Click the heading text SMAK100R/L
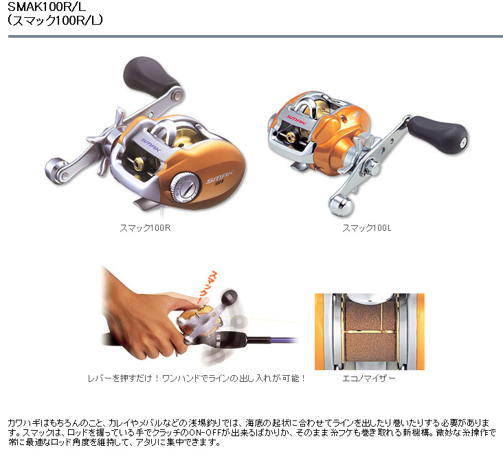(x=47, y=6)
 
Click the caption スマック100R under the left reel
(x=145, y=228)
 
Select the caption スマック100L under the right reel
(x=367, y=228)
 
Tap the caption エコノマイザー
(x=369, y=379)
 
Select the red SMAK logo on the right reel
(x=296, y=120)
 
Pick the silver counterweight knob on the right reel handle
(x=342, y=204)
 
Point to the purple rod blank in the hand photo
(x=273, y=340)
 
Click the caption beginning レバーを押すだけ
(x=197, y=379)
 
